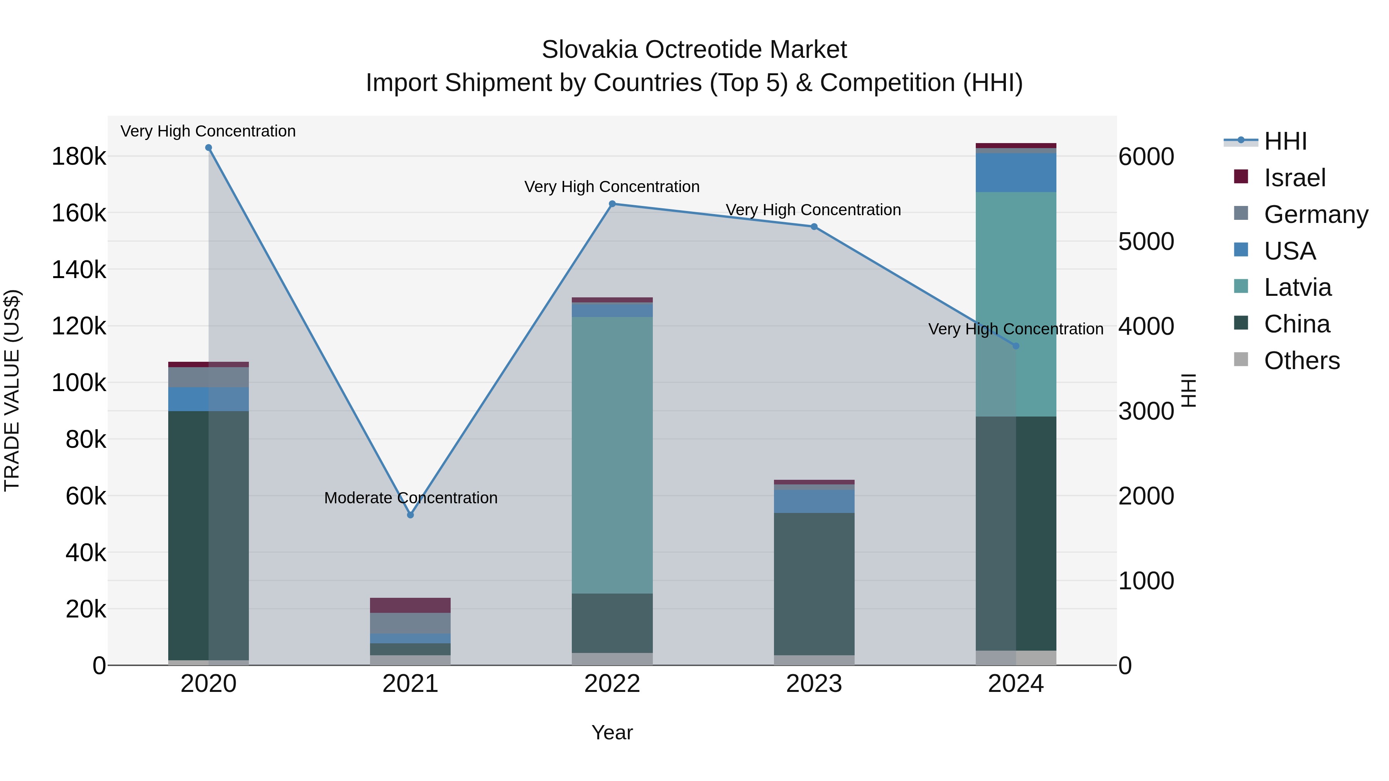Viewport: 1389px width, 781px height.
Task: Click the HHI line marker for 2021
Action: point(411,515)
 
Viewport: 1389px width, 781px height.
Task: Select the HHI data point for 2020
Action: point(209,148)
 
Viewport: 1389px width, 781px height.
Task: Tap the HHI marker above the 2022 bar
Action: point(612,204)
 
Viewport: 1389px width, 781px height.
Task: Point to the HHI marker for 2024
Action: point(1016,346)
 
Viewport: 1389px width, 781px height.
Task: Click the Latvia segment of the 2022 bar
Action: point(612,455)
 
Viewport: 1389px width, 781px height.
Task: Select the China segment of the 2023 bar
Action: point(814,584)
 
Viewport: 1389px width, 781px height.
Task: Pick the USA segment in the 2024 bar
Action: point(1016,172)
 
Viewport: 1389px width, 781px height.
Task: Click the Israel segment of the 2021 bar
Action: point(411,605)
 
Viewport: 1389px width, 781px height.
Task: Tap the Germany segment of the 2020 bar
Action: point(209,377)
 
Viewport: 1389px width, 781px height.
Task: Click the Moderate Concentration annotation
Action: point(411,498)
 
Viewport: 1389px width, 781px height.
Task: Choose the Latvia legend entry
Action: point(1297,287)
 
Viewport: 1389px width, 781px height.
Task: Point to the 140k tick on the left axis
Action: point(79,270)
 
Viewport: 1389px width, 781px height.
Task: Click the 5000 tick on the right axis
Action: point(1146,241)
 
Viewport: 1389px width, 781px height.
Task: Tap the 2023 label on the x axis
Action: point(814,683)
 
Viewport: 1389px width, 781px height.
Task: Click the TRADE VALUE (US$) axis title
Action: point(12,390)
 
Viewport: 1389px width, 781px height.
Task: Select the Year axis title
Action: point(612,732)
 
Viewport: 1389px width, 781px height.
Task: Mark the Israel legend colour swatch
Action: point(1241,177)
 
